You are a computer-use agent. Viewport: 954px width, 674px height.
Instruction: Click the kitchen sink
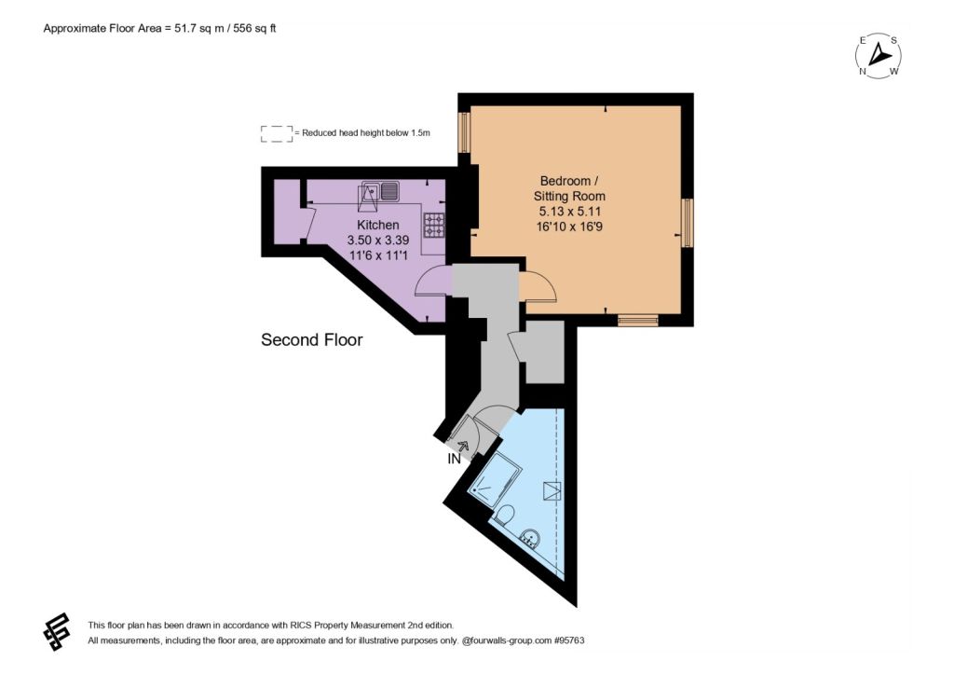(378, 191)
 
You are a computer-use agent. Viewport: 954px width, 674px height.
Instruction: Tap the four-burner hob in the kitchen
(434, 224)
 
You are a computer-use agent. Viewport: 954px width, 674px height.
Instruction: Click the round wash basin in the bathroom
(531, 539)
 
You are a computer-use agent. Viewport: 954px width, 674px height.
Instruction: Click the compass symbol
(878, 56)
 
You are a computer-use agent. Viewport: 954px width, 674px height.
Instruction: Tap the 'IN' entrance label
(454, 459)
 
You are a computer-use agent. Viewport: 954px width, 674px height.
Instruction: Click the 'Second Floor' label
(311, 339)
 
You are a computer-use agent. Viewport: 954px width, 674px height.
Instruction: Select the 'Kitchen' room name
(378, 226)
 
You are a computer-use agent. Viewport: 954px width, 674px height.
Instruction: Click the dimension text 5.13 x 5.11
(569, 212)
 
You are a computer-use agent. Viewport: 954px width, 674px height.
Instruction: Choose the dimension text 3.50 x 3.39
(378, 241)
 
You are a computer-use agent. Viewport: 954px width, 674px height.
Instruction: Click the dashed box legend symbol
(276, 134)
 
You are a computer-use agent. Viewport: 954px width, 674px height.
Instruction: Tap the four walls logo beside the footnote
(57, 631)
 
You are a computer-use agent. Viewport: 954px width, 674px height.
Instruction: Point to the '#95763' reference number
(568, 640)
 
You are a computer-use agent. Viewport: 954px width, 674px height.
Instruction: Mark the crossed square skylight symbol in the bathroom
(552, 490)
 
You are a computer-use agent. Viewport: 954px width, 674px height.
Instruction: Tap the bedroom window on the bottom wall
(637, 321)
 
